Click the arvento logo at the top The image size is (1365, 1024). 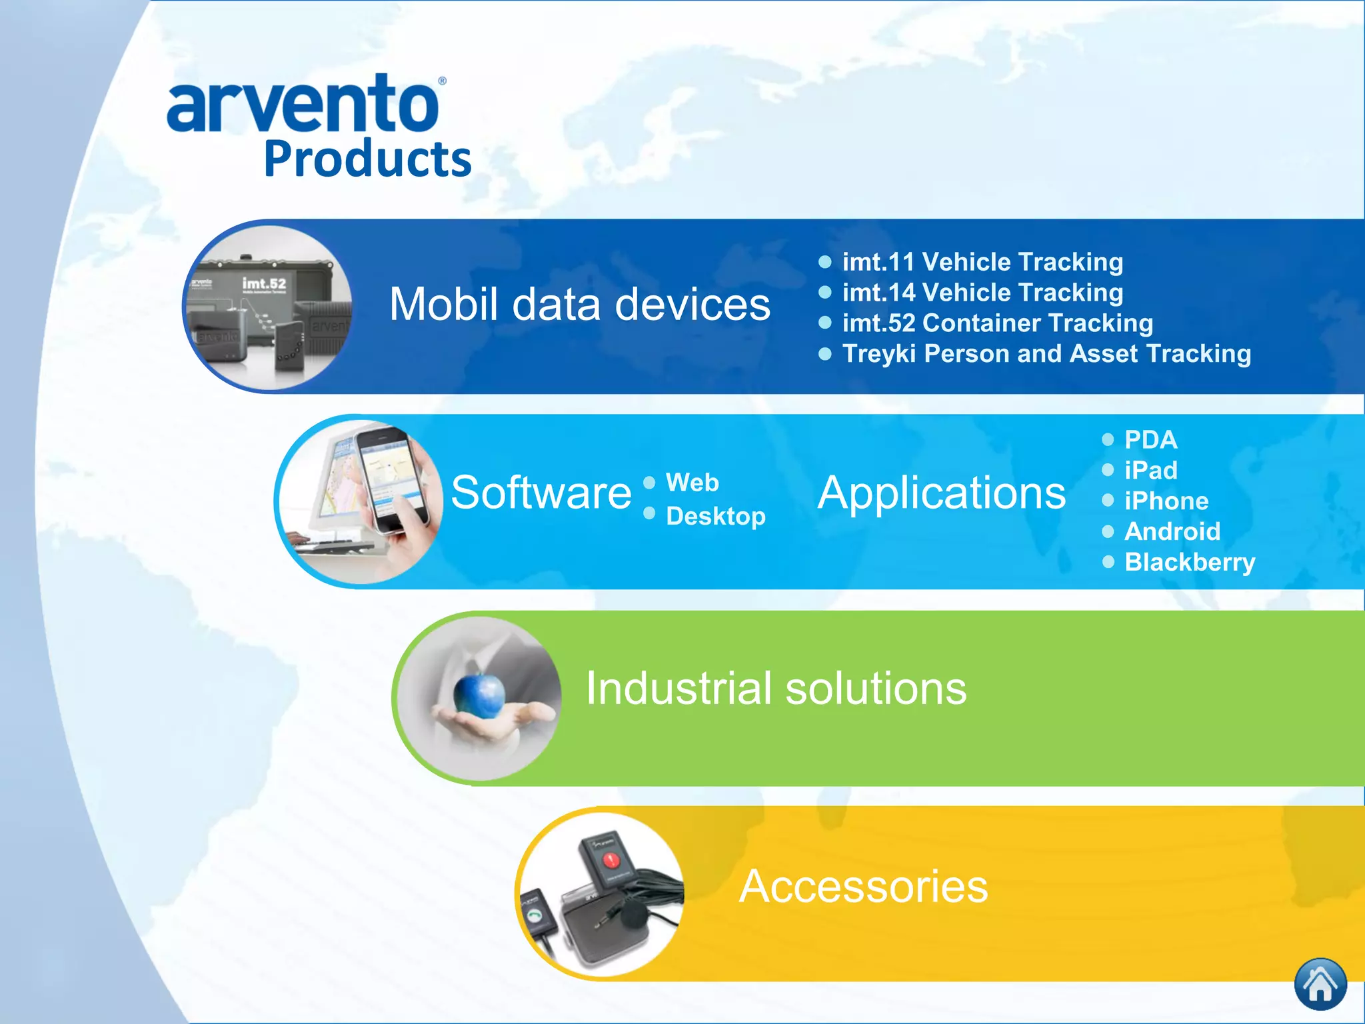(x=303, y=104)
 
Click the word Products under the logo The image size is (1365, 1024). (x=367, y=159)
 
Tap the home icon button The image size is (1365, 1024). (x=1320, y=984)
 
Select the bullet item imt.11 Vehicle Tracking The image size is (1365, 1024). (x=982, y=262)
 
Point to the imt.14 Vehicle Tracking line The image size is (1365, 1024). (x=982, y=293)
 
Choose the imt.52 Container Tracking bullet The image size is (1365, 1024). (x=997, y=323)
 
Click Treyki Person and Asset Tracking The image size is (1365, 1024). (x=1046, y=354)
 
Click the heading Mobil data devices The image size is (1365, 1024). (x=579, y=305)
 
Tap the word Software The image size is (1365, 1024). (x=541, y=493)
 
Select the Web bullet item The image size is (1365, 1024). (x=692, y=482)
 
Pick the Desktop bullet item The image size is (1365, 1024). (x=715, y=516)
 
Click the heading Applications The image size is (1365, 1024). (x=941, y=493)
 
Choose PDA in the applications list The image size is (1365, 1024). (x=1150, y=440)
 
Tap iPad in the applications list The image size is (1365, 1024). (x=1150, y=471)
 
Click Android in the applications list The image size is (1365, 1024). (x=1172, y=532)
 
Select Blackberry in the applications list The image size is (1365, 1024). (x=1189, y=563)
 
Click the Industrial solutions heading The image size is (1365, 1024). (x=776, y=688)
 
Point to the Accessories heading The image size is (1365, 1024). (x=863, y=887)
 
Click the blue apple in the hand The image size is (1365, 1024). (x=479, y=695)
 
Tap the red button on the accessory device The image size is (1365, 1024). (x=610, y=860)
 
